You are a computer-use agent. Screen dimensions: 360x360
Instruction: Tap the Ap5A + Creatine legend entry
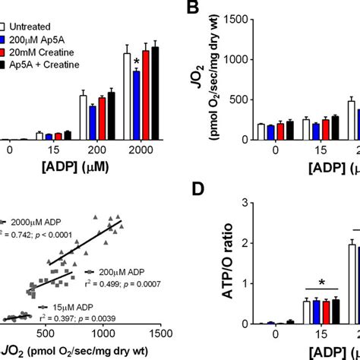(41, 49)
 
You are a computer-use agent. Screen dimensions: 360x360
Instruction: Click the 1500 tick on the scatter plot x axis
(159, 333)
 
